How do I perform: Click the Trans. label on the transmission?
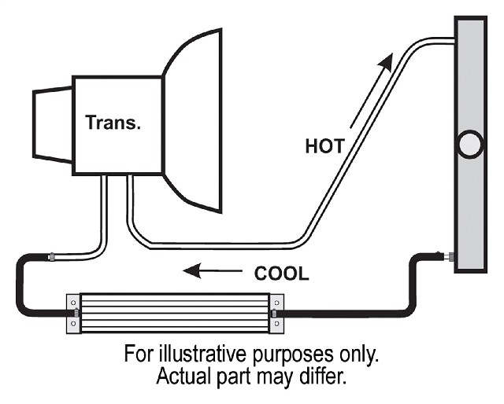[113, 123]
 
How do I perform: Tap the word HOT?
[324, 146]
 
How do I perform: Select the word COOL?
[282, 274]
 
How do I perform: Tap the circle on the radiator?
[470, 144]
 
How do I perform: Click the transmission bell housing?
[193, 121]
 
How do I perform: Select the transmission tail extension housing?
[53, 125]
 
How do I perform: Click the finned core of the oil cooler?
[175, 313]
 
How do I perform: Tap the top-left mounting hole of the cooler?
[73, 303]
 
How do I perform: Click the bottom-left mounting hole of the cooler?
[73, 324]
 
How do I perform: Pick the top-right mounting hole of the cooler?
[276, 303]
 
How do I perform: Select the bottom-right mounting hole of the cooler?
[276, 324]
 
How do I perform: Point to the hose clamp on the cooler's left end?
[76, 313]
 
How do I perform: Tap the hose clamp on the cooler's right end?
[274, 314]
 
